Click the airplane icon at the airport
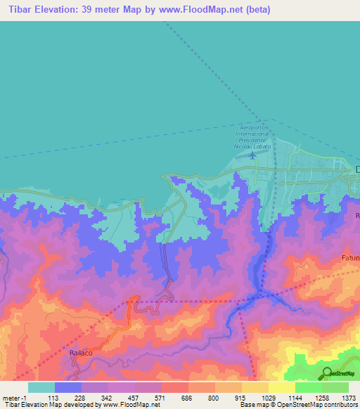click(x=253, y=156)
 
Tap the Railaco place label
click(x=82, y=353)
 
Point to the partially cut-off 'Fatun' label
click(x=350, y=259)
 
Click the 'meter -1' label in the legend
click(x=15, y=397)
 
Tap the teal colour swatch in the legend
click(x=41, y=387)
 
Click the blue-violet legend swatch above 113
click(x=68, y=387)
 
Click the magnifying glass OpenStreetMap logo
click(x=326, y=374)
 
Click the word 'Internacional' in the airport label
click(x=252, y=134)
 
